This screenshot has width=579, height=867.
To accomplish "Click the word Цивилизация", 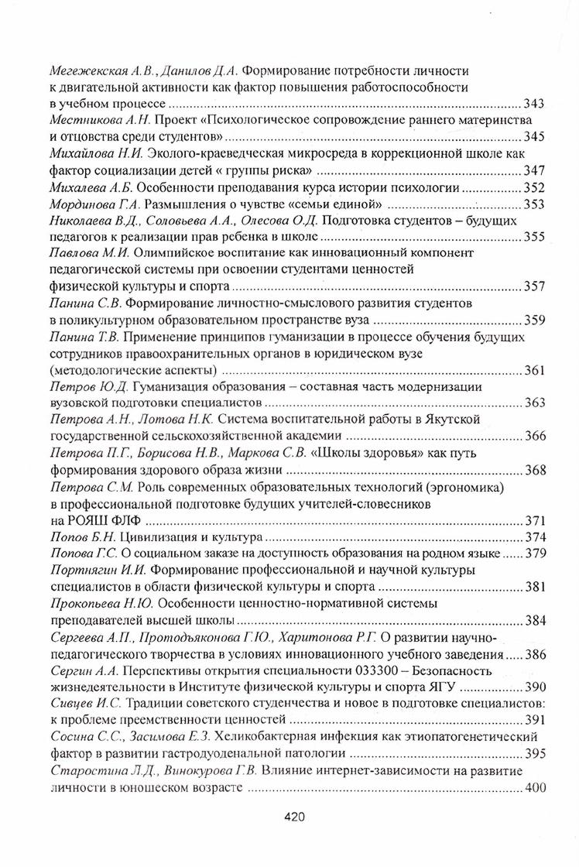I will coord(159,536).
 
